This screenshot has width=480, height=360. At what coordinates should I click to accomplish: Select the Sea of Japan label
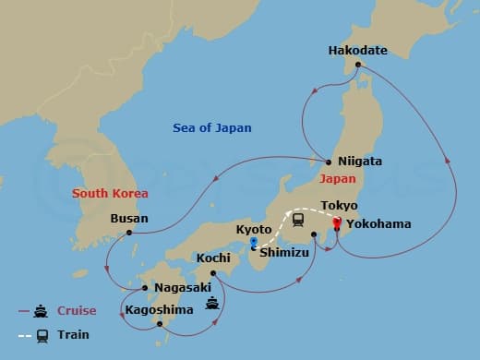coord(211,128)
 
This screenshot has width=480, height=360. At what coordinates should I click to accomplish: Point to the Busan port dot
coord(128,232)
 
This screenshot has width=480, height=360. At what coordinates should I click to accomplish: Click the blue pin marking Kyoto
coord(253,244)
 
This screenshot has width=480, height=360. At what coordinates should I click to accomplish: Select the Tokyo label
coord(339,205)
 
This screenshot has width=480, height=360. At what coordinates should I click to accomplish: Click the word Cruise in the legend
coord(77,311)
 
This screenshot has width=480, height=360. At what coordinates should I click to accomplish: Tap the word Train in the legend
coord(74,336)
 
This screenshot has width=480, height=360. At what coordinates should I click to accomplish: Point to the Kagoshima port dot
coord(161,324)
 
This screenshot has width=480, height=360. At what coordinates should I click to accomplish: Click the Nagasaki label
coord(182,287)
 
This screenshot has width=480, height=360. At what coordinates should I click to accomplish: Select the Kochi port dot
coord(213,272)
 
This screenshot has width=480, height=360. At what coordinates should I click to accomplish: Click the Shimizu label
coord(283,249)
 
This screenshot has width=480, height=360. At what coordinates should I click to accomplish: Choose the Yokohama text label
coord(375,223)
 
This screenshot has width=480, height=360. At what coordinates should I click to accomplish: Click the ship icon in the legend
coord(42,311)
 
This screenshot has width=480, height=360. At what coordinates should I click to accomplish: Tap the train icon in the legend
coord(42,336)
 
